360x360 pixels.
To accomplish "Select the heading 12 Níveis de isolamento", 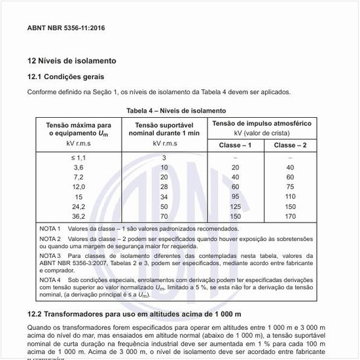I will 71,61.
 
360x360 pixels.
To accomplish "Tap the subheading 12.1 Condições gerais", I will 66,77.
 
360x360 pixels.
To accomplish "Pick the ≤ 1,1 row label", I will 79,158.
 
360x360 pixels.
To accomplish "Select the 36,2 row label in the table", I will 79,216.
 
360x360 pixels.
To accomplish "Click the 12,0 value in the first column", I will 79,187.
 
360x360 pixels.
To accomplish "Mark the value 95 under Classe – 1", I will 235,196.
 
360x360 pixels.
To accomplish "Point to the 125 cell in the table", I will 235,206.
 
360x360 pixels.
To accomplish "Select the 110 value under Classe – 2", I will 291,196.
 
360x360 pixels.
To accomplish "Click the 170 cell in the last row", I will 291,216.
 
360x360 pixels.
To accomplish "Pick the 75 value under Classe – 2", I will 291,187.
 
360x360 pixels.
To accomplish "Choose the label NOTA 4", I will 50,279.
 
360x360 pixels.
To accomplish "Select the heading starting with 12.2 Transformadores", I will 134,314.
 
